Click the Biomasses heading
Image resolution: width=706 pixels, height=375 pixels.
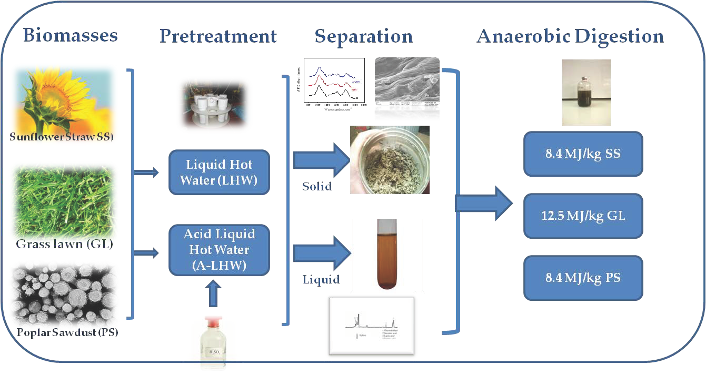[70, 36]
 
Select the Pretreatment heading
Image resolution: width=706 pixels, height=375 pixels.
[218, 36]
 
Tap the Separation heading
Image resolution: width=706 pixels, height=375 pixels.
[364, 36]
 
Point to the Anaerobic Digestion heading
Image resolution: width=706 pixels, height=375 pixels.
[570, 36]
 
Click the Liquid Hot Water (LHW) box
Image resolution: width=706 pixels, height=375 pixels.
[219, 173]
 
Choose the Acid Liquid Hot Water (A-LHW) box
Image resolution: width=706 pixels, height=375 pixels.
[219, 250]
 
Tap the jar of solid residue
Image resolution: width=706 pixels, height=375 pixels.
[390, 160]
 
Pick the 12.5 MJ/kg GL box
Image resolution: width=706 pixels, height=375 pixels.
[583, 216]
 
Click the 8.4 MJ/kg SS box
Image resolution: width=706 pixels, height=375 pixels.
[583, 154]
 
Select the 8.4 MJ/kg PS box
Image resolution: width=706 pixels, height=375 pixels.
[583, 278]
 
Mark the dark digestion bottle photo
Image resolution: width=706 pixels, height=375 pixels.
[586, 92]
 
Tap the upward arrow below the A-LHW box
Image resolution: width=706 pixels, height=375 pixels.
[212, 295]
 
